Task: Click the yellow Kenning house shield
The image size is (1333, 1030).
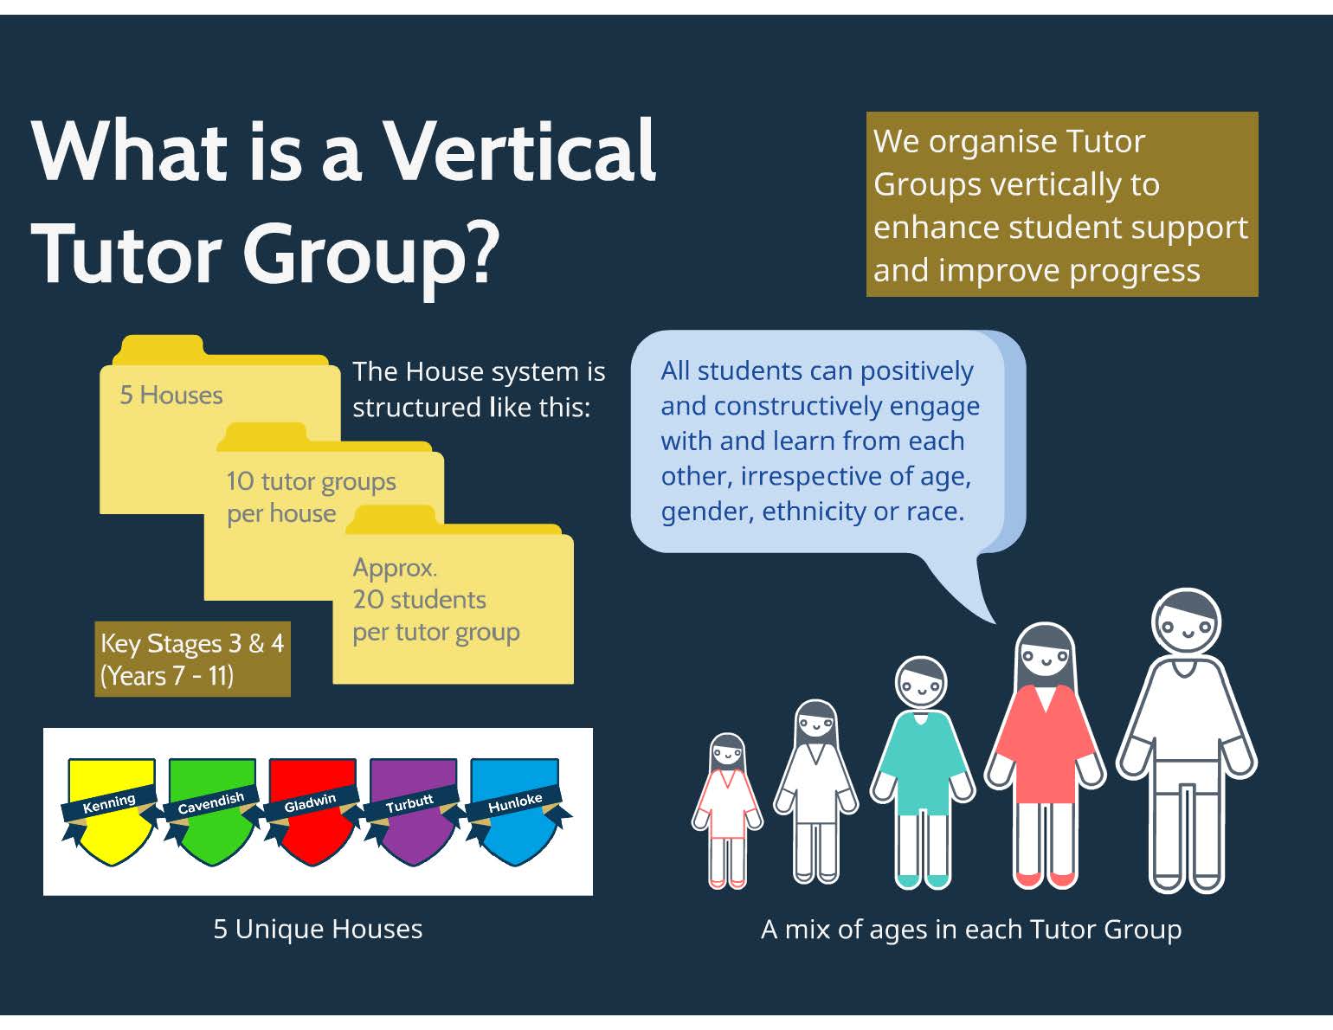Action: pyautogui.click(x=111, y=811)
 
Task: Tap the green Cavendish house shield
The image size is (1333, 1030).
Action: pyautogui.click(x=212, y=811)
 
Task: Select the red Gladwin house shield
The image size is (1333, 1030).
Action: pyautogui.click(x=312, y=811)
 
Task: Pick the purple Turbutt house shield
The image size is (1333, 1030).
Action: pyautogui.click(x=413, y=811)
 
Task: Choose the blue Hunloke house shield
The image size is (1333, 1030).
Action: pyautogui.click(x=514, y=811)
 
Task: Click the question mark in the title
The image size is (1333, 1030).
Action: pyautogui.click(x=478, y=252)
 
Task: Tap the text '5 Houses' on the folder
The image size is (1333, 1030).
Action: pyautogui.click(x=171, y=395)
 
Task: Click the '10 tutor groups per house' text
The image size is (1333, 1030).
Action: pyautogui.click(x=311, y=497)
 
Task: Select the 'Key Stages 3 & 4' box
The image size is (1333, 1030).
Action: pyautogui.click(x=193, y=660)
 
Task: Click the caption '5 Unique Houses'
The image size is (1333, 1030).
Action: pyautogui.click(x=318, y=930)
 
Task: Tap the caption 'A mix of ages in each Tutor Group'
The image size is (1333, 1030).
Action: pyautogui.click(x=971, y=930)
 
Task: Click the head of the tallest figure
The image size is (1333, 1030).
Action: pyautogui.click(x=1187, y=622)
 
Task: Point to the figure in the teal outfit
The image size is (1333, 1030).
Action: pyautogui.click(x=921, y=773)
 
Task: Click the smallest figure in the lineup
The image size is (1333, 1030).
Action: pyautogui.click(x=728, y=811)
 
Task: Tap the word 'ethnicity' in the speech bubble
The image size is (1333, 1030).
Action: pyautogui.click(x=814, y=511)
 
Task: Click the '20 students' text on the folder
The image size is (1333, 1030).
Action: pyautogui.click(x=420, y=599)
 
